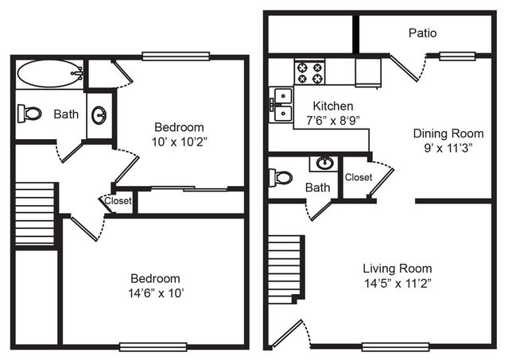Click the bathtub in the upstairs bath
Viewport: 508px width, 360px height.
point(50,73)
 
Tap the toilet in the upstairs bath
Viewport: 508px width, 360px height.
point(29,114)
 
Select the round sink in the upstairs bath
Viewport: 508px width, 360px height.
point(99,115)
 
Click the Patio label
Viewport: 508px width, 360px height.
point(422,33)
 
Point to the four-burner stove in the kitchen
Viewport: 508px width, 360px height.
point(309,72)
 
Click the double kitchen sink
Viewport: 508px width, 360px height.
point(281,105)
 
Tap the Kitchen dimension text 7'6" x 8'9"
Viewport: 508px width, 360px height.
point(333,121)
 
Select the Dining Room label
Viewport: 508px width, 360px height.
point(448,134)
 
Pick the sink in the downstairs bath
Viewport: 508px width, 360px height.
point(324,163)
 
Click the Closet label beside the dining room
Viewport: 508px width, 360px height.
point(359,177)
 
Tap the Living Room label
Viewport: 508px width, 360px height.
point(397,269)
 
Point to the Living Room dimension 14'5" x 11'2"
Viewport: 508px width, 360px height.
point(397,284)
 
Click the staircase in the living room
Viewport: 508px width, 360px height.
point(286,269)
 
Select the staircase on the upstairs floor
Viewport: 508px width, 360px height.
point(35,214)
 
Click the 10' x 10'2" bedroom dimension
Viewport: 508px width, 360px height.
point(179,141)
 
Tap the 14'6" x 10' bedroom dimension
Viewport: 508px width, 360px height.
point(156,293)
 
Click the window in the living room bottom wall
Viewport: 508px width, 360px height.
point(396,347)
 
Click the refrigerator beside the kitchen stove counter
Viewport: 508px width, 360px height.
point(368,72)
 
